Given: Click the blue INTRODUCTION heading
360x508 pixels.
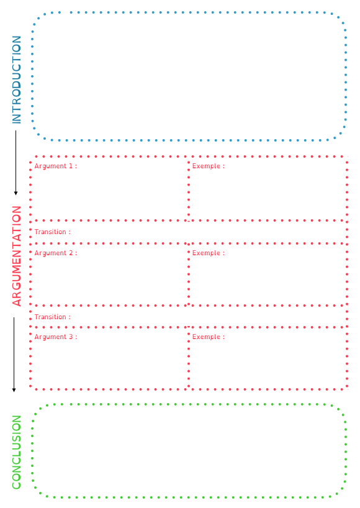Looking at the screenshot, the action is (x=17, y=79).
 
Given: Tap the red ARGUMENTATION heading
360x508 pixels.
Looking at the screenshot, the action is (x=17, y=256).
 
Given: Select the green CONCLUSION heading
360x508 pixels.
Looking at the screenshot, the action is (x=17, y=452).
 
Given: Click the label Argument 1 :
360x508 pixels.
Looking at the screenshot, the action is (x=56, y=166).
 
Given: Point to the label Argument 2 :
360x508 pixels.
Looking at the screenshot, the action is (x=56, y=253).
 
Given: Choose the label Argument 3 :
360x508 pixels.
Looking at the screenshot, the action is (x=56, y=337).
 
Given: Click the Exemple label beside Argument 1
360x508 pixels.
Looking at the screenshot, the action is (x=208, y=166).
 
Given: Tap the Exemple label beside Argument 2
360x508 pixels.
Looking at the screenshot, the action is (x=208, y=253).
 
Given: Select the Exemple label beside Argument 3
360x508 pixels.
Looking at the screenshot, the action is (x=208, y=337).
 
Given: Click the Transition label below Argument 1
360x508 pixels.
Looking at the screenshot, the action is (x=52, y=232).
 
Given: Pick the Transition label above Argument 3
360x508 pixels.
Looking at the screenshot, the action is (x=52, y=317).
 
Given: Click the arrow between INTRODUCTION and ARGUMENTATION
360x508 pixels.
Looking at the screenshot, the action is (x=16, y=163).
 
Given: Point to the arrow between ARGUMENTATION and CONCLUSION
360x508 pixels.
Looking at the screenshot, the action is (x=14, y=355).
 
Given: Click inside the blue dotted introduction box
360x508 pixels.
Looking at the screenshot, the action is (x=189, y=76).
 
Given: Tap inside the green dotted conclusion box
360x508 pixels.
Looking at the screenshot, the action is (x=189, y=451).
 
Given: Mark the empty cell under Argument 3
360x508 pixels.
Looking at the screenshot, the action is (x=109, y=363).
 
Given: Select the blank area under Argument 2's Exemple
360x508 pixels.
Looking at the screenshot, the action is (x=268, y=280).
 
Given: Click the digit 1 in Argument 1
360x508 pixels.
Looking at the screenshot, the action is (x=70, y=166).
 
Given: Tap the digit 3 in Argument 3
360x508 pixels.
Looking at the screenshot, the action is (x=71, y=337).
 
